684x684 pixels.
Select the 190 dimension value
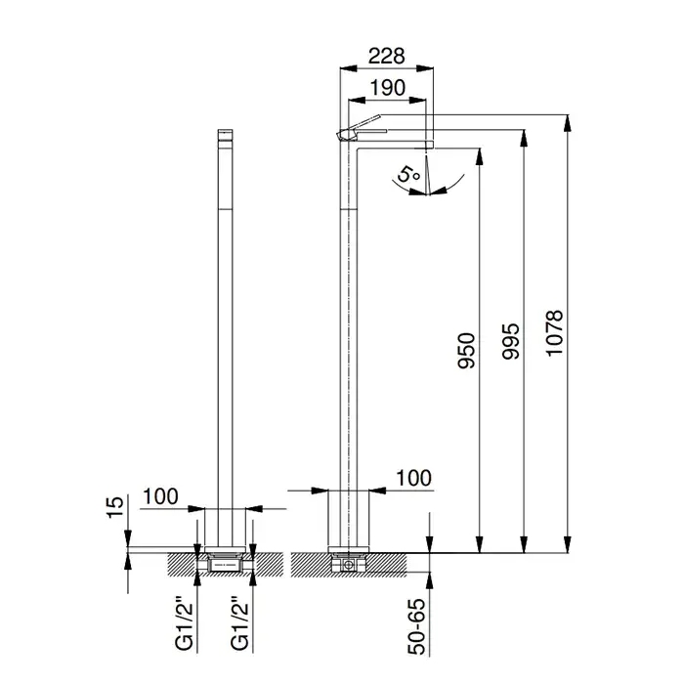(x=386, y=88)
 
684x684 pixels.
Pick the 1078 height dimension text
(x=556, y=334)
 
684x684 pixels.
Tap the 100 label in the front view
(x=159, y=495)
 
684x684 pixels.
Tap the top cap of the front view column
(x=225, y=134)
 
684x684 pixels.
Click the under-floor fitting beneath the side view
(x=349, y=564)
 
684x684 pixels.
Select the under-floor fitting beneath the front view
(x=225, y=561)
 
